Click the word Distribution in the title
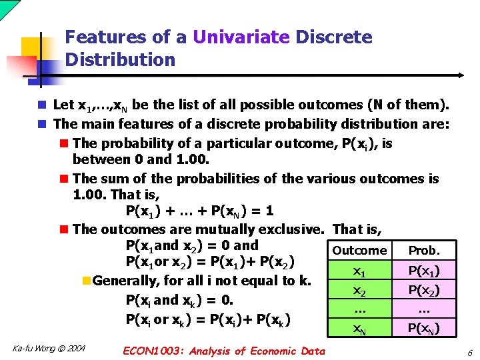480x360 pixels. coord(120,60)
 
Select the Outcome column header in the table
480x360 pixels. coord(359,251)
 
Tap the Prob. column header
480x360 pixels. coord(424,251)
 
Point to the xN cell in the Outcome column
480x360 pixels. coord(359,327)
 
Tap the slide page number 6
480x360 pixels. coord(469,352)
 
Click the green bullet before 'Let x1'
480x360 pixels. coord(42,105)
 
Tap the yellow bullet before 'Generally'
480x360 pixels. coord(86,281)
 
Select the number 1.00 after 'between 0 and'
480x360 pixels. coord(192,159)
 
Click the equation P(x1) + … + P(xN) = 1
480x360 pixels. coord(199,211)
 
